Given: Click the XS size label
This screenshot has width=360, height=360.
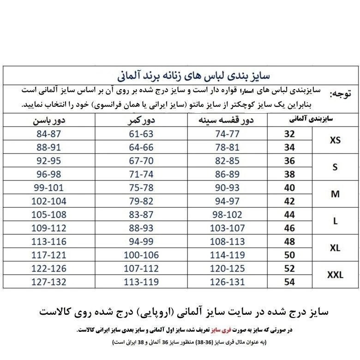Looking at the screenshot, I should (x=335, y=140).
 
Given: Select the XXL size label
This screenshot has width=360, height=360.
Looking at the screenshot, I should (x=335, y=275).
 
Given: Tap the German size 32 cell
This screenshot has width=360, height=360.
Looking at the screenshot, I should (x=289, y=134).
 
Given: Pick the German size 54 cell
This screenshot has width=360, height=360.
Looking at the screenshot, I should (x=289, y=281).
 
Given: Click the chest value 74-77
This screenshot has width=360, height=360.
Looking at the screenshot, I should (x=227, y=134).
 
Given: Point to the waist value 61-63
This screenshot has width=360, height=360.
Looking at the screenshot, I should (x=141, y=134).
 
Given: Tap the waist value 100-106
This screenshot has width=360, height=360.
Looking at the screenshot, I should (x=141, y=254).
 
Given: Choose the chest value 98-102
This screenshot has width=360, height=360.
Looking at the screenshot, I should (x=227, y=214).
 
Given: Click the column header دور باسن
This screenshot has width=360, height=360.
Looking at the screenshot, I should (x=48, y=120).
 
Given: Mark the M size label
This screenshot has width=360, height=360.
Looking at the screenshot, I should (x=335, y=194).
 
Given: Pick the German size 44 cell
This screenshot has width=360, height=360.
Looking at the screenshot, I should (x=289, y=214).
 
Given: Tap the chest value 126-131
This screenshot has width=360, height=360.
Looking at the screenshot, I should (x=227, y=281).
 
